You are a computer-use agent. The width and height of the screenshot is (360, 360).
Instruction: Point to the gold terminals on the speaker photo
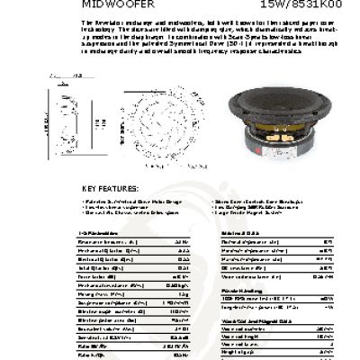click(292, 145)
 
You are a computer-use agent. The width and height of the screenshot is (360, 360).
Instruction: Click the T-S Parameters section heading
click(95, 232)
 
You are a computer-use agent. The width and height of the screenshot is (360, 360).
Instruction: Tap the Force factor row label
click(95, 275)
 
